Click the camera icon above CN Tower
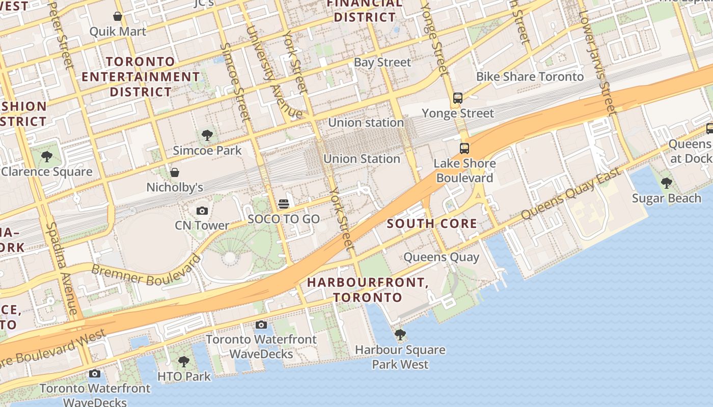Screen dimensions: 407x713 202,211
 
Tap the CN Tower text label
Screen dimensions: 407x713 202,225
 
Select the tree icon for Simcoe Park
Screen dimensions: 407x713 207,135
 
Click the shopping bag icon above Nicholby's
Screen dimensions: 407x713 175,172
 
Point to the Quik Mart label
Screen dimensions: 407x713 118,32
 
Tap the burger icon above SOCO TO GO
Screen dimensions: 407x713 284,204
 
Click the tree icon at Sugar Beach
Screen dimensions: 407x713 666,183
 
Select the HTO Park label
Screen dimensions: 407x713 184,376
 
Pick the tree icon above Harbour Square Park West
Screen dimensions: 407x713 400,335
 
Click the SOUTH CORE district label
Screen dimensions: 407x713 432,223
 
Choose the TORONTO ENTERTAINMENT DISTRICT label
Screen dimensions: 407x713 141,77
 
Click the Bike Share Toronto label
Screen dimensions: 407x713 530,77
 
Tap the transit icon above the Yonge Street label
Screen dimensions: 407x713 458,98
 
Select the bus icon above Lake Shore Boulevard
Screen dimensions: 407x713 464,149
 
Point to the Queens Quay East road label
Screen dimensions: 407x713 571,193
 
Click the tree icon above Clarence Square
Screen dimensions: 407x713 47,157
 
